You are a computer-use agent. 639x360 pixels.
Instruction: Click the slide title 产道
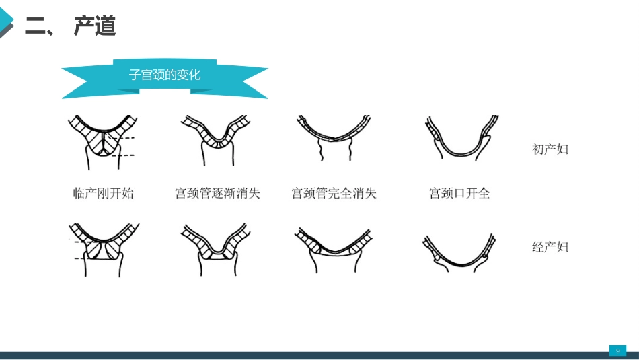[95, 26]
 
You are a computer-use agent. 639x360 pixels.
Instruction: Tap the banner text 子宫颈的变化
[165, 75]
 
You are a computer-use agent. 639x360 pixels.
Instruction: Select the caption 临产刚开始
[103, 193]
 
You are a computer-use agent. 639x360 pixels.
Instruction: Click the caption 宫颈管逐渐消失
[218, 193]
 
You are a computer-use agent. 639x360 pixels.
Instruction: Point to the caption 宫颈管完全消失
[334, 193]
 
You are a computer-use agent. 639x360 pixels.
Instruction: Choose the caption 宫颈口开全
[459, 193]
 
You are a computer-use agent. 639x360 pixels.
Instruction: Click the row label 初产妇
[550, 149]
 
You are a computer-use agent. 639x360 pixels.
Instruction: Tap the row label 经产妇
[550, 247]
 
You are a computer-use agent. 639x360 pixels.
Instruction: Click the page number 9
[617, 351]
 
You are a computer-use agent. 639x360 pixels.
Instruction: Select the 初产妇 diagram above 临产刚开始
[103, 142]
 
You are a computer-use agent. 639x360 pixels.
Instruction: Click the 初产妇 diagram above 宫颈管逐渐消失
[216, 140]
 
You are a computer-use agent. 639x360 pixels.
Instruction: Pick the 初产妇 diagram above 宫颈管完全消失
[334, 138]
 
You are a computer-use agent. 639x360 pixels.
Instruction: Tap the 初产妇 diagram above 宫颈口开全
[461, 138]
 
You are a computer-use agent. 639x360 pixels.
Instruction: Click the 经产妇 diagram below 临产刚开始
[104, 250]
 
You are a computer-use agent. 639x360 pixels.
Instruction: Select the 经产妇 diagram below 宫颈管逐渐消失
[216, 249]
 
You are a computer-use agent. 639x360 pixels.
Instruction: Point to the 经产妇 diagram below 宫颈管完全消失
[333, 250]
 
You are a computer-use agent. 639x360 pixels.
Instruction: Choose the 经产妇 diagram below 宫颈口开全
[459, 253]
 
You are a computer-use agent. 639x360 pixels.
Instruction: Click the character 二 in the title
[35, 26]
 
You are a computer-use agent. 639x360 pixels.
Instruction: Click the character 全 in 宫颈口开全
[484, 193]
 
